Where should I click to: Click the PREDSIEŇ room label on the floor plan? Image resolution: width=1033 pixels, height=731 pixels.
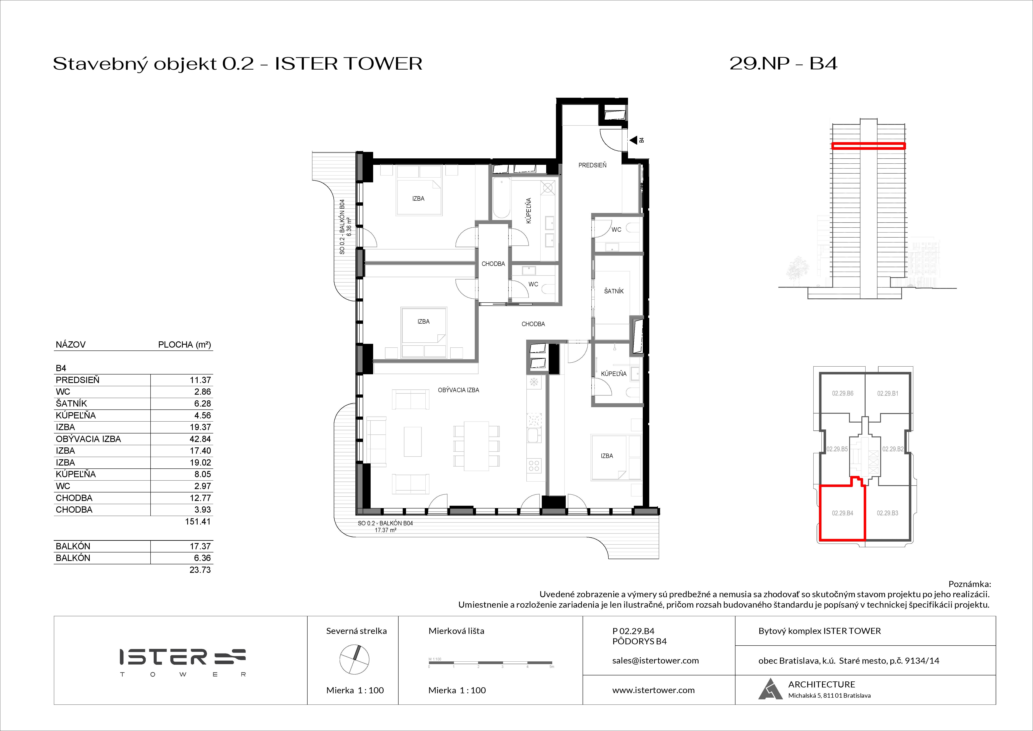tap(592, 165)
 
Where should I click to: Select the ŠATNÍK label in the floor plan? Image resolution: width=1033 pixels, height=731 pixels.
tap(614, 291)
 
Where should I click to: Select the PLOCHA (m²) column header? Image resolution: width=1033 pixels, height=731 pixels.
tap(184, 345)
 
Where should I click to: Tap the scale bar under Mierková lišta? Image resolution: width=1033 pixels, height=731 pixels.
tap(490, 663)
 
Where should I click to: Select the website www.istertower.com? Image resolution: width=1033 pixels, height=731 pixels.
tap(653, 690)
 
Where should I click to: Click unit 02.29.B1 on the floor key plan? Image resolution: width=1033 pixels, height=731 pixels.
tap(887, 393)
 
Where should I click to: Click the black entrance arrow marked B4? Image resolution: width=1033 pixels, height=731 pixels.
tap(633, 140)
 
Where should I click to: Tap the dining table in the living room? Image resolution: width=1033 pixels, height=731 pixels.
tap(476, 446)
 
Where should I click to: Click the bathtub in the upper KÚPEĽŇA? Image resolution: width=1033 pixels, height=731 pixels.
tap(501, 198)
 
